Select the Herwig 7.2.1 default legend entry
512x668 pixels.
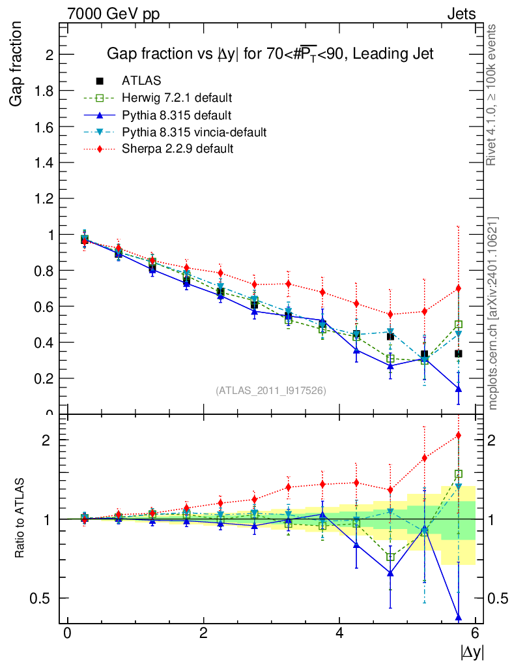pos(177,98)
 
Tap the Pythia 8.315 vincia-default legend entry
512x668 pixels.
pos(194,132)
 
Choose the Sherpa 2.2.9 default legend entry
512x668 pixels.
pos(177,149)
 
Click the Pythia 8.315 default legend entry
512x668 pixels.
pos(176,115)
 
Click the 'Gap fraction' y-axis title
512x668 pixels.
pos(16,64)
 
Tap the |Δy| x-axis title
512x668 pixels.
pos(472,652)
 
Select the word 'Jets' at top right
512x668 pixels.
pos(461,14)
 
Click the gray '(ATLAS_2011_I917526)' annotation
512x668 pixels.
pos(271,391)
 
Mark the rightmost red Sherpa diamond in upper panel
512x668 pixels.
pos(459,288)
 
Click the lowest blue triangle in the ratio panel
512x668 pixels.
pos(459,616)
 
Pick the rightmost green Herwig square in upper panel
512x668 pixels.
pos(459,324)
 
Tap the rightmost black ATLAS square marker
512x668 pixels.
pos(459,354)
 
